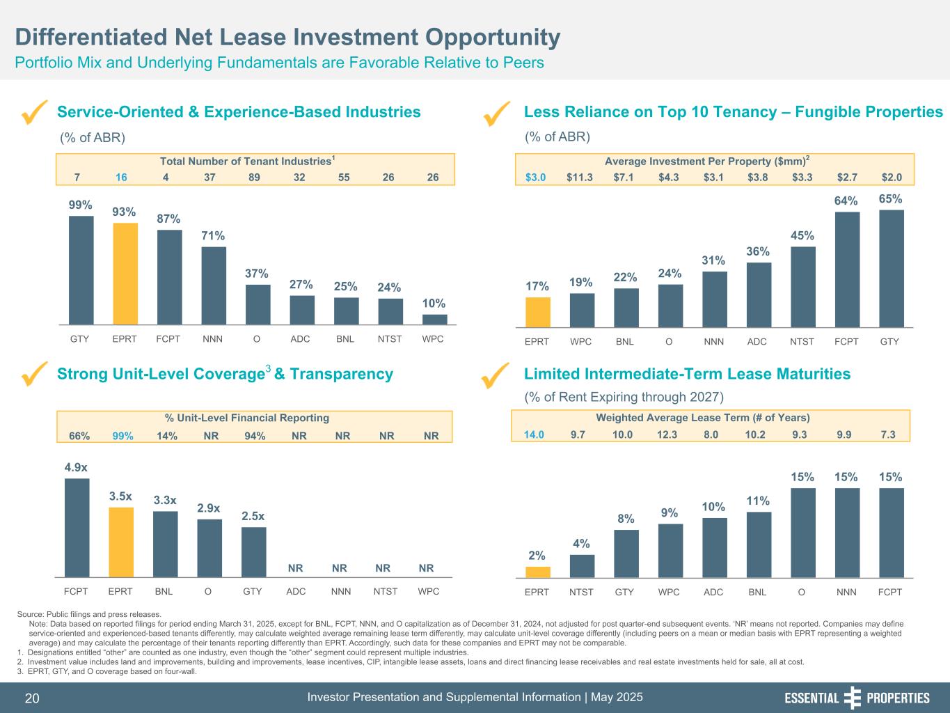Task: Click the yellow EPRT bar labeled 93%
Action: pyautogui.click(x=125, y=274)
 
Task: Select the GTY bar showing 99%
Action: pyautogui.click(x=81, y=270)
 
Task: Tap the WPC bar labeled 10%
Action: pyautogui.click(x=435, y=320)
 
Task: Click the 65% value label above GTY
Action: pyautogui.click(x=891, y=198)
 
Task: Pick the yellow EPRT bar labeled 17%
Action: pyautogui.click(x=538, y=312)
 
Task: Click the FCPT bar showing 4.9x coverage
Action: pyautogui.click(x=77, y=527)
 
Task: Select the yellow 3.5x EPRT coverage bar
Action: pyautogui.click(x=121, y=542)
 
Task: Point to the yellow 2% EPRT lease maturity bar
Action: pyautogui.click(x=538, y=572)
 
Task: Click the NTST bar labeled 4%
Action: pyautogui.click(x=582, y=566)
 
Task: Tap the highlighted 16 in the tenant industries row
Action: pyautogui.click(x=121, y=178)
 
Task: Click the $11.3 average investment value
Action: pyautogui.click(x=580, y=178)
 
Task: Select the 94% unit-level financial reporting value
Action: pyautogui.click(x=255, y=436)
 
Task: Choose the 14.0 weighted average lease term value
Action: pyautogui.click(x=534, y=435)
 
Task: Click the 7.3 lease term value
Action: pyautogui.click(x=887, y=435)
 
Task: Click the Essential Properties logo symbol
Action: pyautogui.click(x=852, y=698)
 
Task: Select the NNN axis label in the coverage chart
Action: pyautogui.click(x=341, y=592)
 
